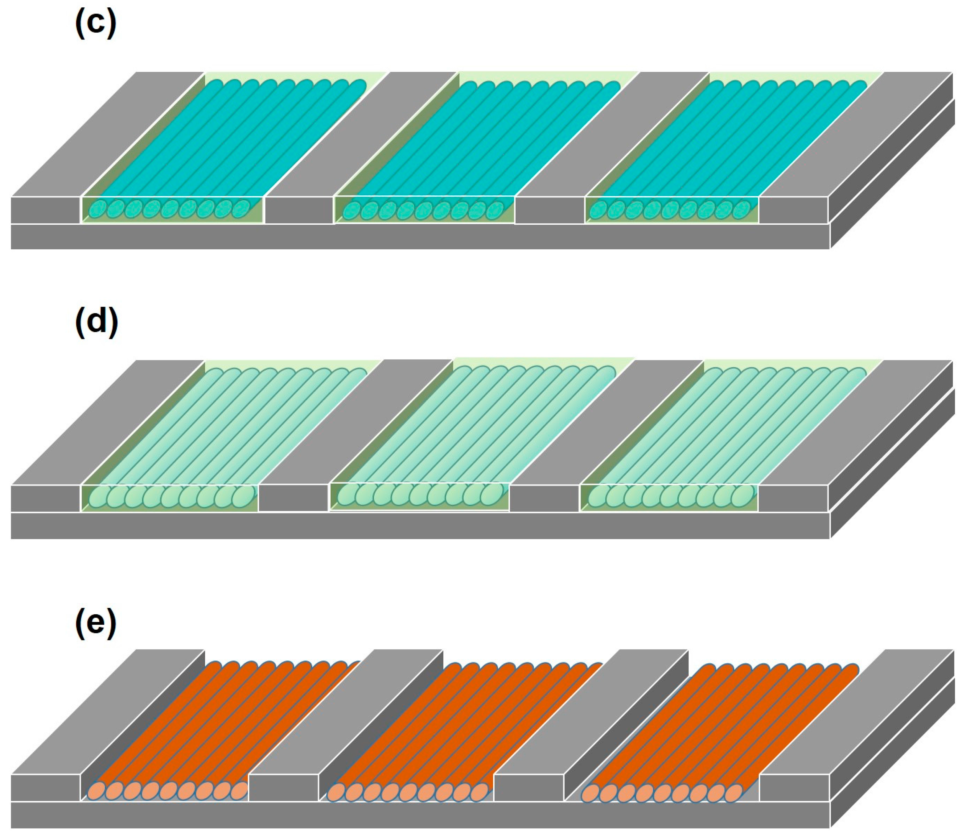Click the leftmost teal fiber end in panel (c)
[x=98, y=209]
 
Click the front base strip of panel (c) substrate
[x=421, y=237]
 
